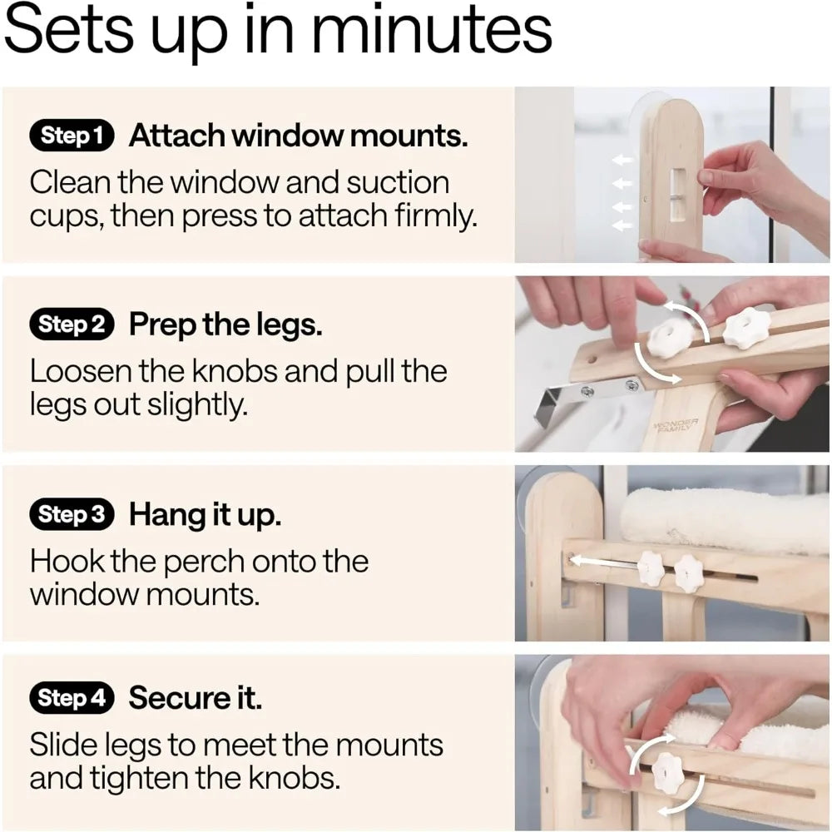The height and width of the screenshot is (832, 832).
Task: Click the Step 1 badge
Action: [72, 136]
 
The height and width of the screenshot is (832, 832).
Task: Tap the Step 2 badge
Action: [72, 325]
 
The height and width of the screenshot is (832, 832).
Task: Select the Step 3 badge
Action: [72, 515]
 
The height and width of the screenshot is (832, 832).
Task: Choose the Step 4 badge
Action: [72, 698]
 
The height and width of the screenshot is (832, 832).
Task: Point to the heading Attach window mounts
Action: [298, 136]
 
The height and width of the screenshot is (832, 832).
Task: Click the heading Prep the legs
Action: [225, 325]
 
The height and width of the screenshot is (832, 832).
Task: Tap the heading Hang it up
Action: [205, 515]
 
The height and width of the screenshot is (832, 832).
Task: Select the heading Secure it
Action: [195, 698]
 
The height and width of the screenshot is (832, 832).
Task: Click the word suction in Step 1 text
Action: [390, 182]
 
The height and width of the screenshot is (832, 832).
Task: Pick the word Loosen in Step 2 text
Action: [80, 371]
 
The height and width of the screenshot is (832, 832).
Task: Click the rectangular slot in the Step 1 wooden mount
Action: [678, 194]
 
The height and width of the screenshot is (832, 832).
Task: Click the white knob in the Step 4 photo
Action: [668, 773]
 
